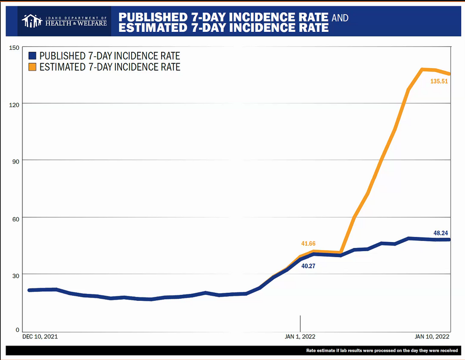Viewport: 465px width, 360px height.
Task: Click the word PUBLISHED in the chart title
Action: [x=148, y=17]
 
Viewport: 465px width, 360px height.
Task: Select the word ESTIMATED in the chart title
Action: [x=148, y=28]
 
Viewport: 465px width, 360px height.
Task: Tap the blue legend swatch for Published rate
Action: [x=33, y=56]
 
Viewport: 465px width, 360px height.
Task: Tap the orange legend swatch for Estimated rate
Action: [x=33, y=67]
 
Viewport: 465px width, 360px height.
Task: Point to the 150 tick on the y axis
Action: [x=15, y=48]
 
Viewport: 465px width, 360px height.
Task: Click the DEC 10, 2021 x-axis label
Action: [x=40, y=337]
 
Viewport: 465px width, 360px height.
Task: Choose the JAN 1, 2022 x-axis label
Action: [x=300, y=337]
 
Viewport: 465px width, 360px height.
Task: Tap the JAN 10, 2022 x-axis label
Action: [x=432, y=337]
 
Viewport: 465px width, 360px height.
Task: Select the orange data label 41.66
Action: [x=308, y=244]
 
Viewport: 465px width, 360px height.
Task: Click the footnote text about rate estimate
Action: [x=382, y=351]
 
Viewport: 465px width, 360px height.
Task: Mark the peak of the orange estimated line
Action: [x=423, y=69]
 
